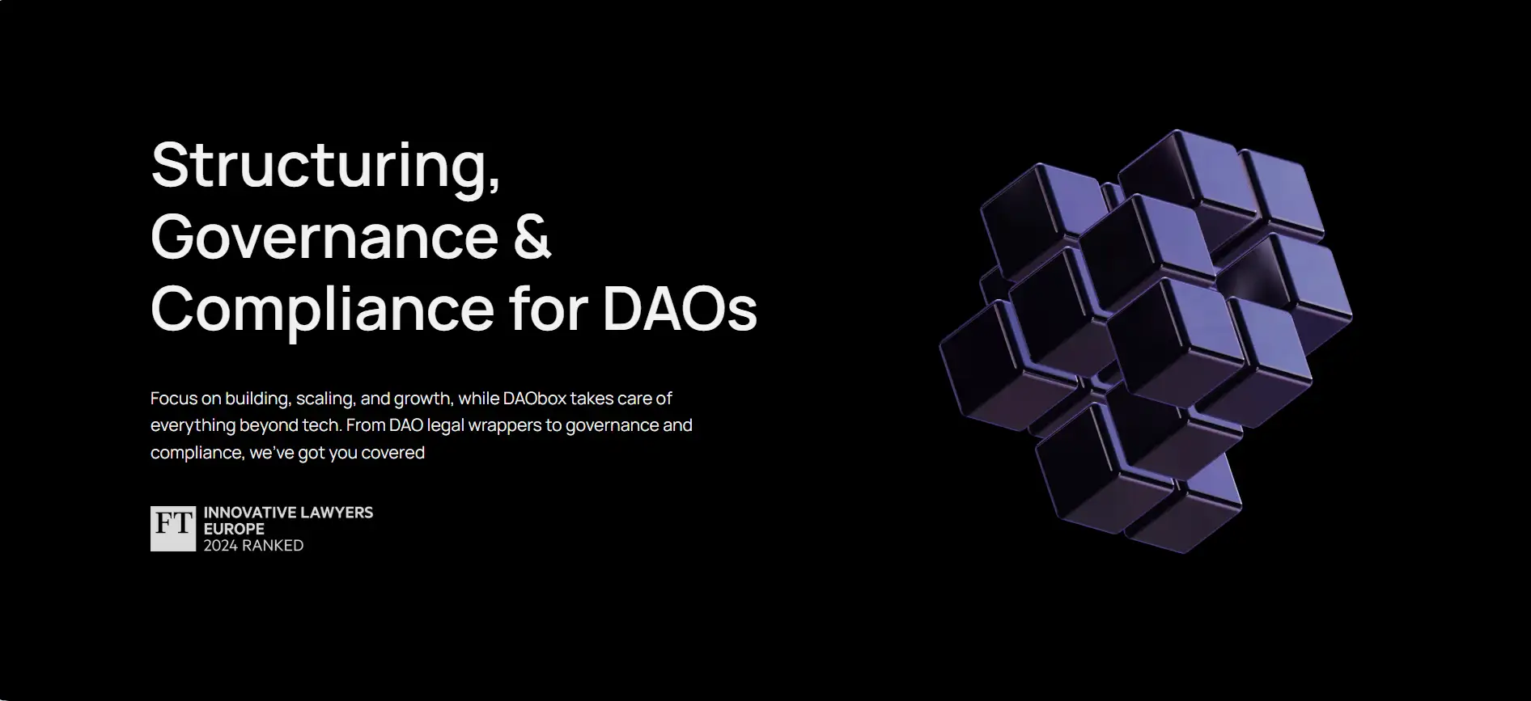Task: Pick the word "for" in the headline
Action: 548,307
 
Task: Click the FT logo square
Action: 173,529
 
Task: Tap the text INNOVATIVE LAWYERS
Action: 288,513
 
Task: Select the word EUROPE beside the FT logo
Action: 234,529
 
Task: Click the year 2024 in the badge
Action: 220,546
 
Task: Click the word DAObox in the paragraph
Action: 534,398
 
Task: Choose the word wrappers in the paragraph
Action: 504,426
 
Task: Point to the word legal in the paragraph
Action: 445,426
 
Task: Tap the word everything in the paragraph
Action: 193,426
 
